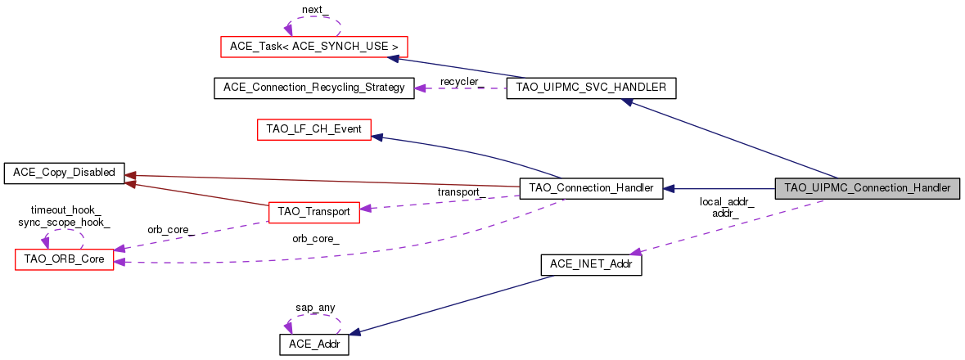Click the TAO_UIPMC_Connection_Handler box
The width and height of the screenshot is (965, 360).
(x=867, y=188)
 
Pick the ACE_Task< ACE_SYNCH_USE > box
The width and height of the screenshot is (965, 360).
(x=314, y=46)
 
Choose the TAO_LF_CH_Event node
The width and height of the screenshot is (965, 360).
(x=314, y=129)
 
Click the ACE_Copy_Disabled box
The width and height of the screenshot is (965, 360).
(x=64, y=173)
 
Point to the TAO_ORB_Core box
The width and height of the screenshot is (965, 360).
(x=64, y=259)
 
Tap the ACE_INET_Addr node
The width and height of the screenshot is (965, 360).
(x=591, y=264)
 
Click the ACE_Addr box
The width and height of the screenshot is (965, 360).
(x=314, y=344)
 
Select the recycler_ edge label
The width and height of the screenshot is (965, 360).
(x=461, y=82)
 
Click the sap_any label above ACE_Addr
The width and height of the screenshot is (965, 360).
(x=314, y=307)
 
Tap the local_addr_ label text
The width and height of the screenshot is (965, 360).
(x=726, y=201)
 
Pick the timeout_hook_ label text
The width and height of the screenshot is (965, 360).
(x=65, y=211)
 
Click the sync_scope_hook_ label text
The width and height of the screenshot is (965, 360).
(x=64, y=223)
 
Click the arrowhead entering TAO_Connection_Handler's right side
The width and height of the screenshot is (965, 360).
(x=668, y=188)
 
